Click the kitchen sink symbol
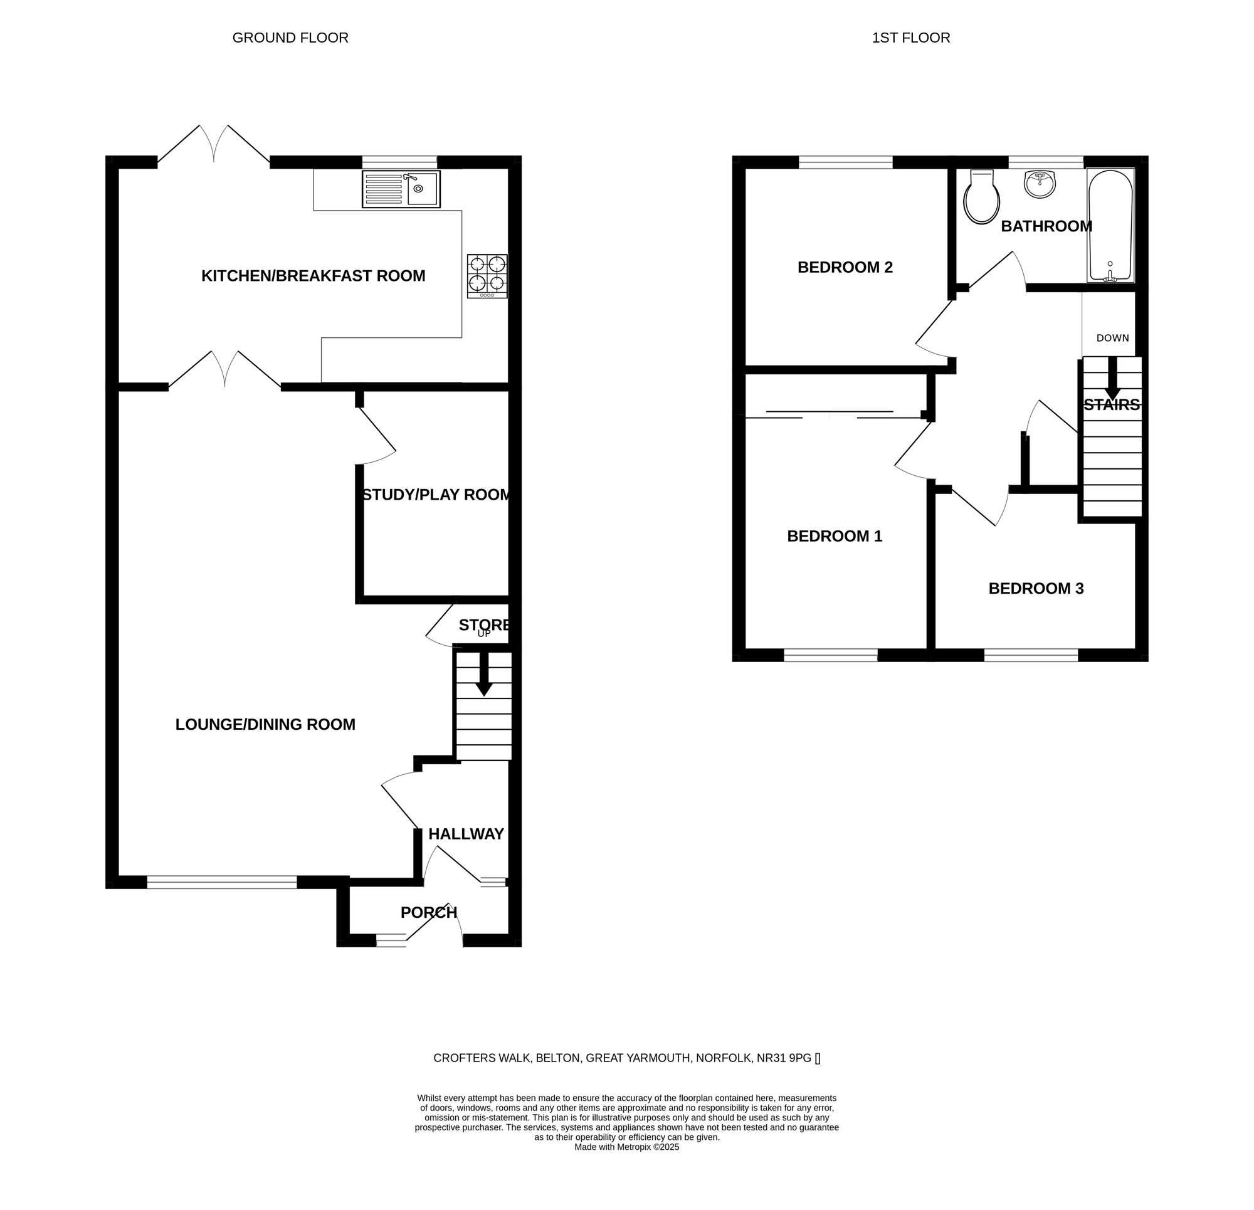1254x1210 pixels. pyautogui.click(x=401, y=189)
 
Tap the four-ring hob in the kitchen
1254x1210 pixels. pyautogui.click(x=488, y=276)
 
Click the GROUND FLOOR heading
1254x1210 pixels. pyautogui.click(x=290, y=38)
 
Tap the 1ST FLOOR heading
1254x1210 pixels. pyautogui.click(x=910, y=38)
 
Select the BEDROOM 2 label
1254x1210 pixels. pyautogui.click(x=845, y=268)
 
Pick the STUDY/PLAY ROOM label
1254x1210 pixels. pyautogui.click(x=436, y=495)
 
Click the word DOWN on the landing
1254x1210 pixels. pyautogui.click(x=1112, y=338)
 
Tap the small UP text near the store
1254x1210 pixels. pyautogui.click(x=483, y=634)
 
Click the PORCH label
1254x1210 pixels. pyautogui.click(x=428, y=912)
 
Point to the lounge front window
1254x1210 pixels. pyautogui.click(x=221, y=882)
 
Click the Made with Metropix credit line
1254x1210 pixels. pyautogui.click(x=626, y=1147)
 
